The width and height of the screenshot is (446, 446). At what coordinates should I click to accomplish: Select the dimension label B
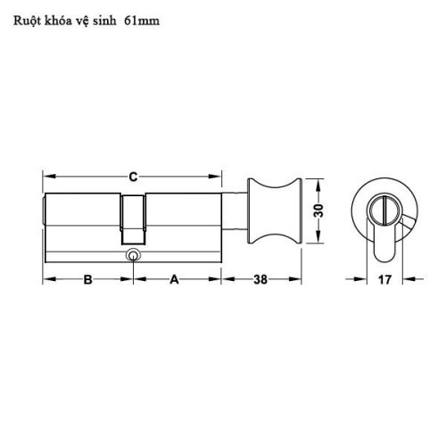(x=88, y=279)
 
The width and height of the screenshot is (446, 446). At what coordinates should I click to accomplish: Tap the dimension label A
(x=175, y=279)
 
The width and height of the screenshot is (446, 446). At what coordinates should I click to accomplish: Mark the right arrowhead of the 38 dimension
(x=297, y=279)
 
